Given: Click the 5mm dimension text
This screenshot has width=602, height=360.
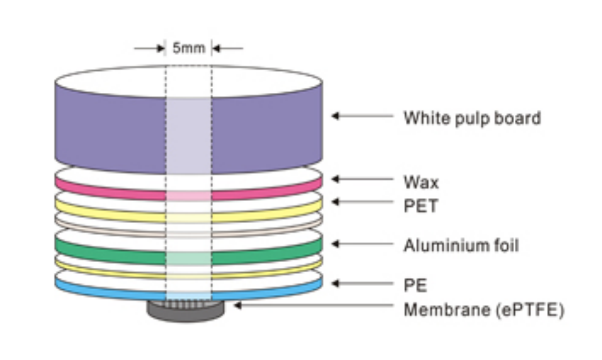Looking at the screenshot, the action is click(x=189, y=48).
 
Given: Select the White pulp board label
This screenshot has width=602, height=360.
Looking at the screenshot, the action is click(x=473, y=118).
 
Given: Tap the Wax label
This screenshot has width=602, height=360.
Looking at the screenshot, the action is click(x=421, y=183).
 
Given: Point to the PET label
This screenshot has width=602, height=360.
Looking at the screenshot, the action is click(x=421, y=206).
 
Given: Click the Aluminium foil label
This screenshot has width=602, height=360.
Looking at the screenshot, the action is click(x=461, y=245).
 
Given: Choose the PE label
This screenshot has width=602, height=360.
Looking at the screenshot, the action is click(x=415, y=285).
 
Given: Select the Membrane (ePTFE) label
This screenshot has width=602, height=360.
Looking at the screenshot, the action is click(x=484, y=310).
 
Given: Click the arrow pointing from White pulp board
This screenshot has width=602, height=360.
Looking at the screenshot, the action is click(x=362, y=116).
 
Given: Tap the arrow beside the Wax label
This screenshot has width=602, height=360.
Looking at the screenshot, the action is click(x=362, y=179).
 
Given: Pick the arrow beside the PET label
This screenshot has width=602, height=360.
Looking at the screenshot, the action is click(x=362, y=202).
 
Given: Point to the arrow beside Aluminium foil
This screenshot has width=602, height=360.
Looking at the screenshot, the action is click(x=362, y=244).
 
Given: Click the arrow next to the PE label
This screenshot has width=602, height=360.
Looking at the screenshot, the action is click(x=362, y=283).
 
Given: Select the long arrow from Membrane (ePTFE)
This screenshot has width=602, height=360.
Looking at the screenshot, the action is click(x=314, y=305).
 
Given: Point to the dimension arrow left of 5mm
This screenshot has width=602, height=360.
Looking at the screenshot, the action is click(x=149, y=48).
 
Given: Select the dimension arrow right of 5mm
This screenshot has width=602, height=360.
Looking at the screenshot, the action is click(x=228, y=48).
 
